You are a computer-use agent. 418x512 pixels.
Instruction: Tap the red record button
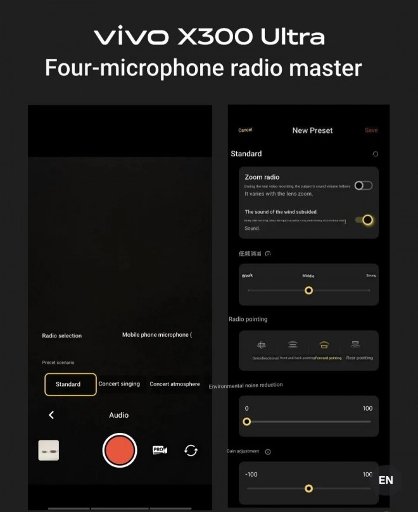click(x=120, y=450)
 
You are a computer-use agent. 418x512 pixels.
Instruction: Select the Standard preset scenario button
click(x=70, y=384)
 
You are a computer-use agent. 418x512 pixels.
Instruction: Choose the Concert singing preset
click(x=119, y=384)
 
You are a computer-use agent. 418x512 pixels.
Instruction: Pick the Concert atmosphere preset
click(x=174, y=384)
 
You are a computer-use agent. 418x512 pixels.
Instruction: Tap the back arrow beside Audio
click(x=51, y=415)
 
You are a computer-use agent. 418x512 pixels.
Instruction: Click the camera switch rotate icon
click(x=191, y=450)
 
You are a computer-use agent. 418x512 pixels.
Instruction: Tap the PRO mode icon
click(x=160, y=450)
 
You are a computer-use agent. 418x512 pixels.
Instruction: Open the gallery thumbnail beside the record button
click(x=49, y=450)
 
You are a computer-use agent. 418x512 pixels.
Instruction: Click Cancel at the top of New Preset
click(x=245, y=130)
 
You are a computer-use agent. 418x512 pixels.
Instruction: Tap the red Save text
click(x=371, y=130)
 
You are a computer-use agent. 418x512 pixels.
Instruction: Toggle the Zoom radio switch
click(x=364, y=185)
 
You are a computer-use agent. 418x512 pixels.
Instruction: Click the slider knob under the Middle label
click(x=308, y=290)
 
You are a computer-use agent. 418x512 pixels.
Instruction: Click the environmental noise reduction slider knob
click(x=247, y=421)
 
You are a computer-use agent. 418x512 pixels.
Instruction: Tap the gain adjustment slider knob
click(x=308, y=489)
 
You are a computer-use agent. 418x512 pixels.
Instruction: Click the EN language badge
click(x=386, y=480)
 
